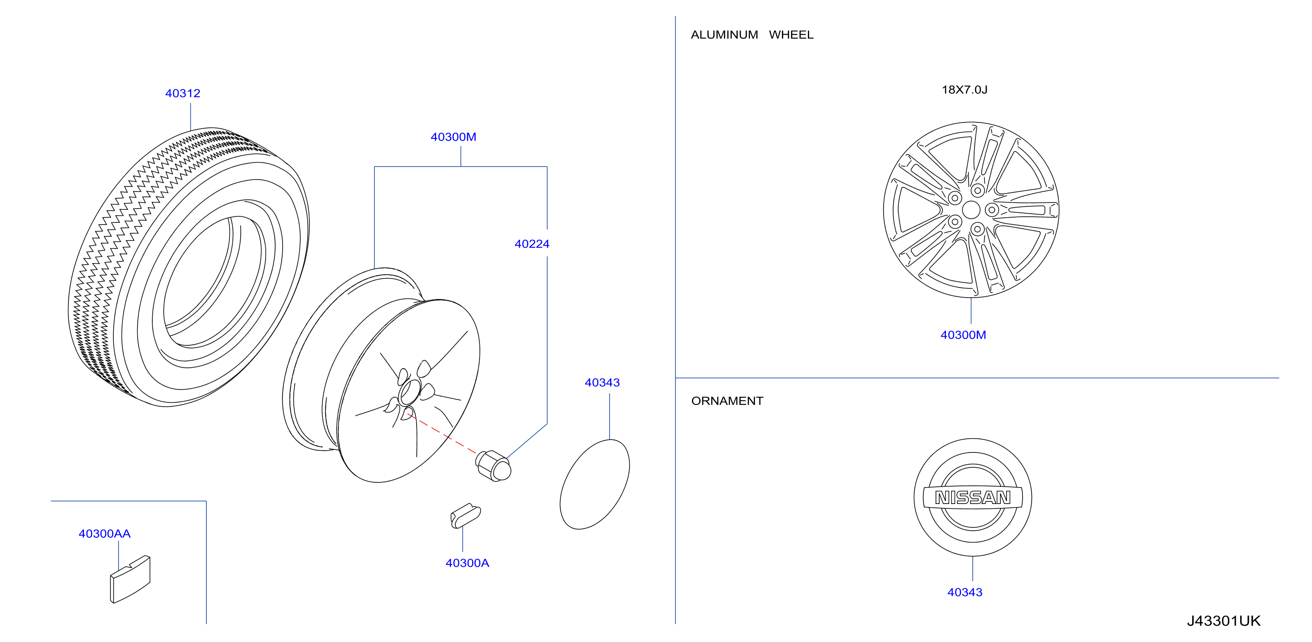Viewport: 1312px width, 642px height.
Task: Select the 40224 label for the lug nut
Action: tap(532, 244)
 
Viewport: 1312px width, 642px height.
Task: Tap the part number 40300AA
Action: tap(104, 533)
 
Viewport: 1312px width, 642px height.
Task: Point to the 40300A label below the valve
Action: tap(467, 563)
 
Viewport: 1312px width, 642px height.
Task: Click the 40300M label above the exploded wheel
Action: tap(453, 137)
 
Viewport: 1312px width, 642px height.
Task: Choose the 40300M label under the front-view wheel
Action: tap(963, 335)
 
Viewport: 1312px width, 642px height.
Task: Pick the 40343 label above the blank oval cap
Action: tap(602, 382)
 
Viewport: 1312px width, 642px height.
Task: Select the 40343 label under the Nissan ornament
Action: tap(965, 592)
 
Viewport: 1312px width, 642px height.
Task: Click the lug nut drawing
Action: tap(493, 466)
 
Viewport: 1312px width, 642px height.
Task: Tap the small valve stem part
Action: tap(466, 516)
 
